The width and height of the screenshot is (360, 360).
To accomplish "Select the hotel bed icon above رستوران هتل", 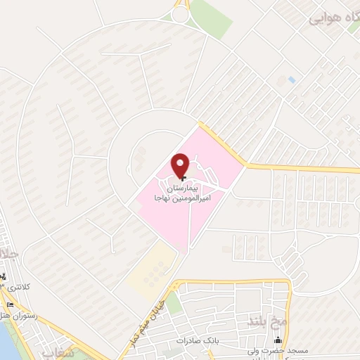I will point(10,304).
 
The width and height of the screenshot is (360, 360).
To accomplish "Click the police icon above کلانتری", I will point(4,276).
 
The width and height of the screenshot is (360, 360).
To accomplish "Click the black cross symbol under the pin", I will point(181,179).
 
